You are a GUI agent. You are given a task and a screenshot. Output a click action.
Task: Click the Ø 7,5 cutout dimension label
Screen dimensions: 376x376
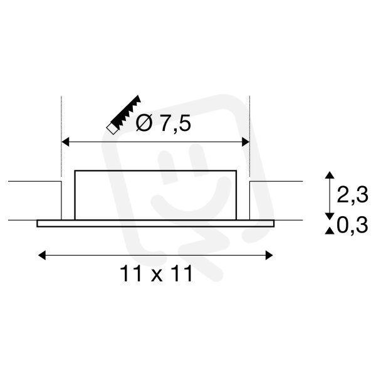tap(164, 123)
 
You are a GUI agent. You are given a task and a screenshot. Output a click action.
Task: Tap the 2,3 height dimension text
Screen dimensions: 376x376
tap(352, 195)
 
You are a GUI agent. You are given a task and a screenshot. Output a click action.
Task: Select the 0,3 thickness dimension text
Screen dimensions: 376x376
tap(352, 226)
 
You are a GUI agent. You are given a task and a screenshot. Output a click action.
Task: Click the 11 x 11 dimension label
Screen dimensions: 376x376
tap(156, 274)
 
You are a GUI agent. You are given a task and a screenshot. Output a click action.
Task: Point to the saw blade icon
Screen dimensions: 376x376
tap(124, 115)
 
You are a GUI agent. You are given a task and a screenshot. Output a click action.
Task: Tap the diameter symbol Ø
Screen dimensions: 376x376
tap(144, 123)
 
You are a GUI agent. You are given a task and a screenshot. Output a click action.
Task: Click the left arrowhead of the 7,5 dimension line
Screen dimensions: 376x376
tap(65, 142)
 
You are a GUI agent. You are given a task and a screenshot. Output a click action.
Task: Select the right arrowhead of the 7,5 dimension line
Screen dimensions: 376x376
tap(246, 142)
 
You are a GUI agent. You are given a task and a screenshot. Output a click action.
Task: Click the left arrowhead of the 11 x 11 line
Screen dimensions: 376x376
tap(42, 256)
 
